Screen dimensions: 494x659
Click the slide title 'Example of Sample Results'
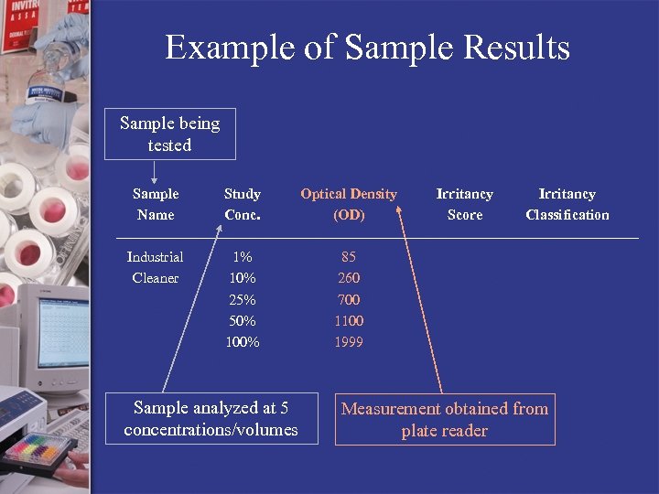[367, 47]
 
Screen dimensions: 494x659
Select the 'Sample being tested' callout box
[170, 134]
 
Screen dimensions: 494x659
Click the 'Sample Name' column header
[156, 204]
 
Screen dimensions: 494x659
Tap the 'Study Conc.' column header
[243, 204]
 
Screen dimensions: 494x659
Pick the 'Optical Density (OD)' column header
[349, 204]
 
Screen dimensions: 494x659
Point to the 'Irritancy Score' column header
[464, 204]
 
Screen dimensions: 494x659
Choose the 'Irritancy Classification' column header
[567, 204]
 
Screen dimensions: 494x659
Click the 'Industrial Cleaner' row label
[155, 267]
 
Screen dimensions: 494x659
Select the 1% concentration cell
[243, 257]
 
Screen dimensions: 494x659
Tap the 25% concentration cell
[243, 300]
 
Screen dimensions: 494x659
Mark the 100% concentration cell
[243, 342]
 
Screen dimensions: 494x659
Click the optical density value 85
[349, 257]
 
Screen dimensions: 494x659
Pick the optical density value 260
[349, 278]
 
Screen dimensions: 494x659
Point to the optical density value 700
[349, 300]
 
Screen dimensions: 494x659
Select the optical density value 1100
[349, 321]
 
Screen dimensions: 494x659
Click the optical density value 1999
[349, 342]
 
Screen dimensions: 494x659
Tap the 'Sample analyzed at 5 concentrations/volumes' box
[211, 419]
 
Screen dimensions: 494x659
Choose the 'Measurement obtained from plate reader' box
[445, 420]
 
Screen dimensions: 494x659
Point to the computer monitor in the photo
[55, 335]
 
